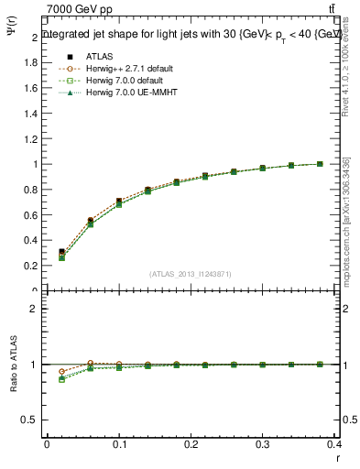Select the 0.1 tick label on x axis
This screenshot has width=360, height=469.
coord(118,445)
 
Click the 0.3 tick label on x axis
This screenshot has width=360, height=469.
coord(262,445)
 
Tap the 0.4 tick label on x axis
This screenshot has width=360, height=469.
coord(333,445)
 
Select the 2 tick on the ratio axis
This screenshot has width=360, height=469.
coord(37,309)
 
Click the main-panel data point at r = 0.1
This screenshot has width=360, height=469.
coord(119,202)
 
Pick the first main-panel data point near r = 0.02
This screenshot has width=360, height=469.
coord(61,252)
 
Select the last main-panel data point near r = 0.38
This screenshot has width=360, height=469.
coord(320,164)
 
